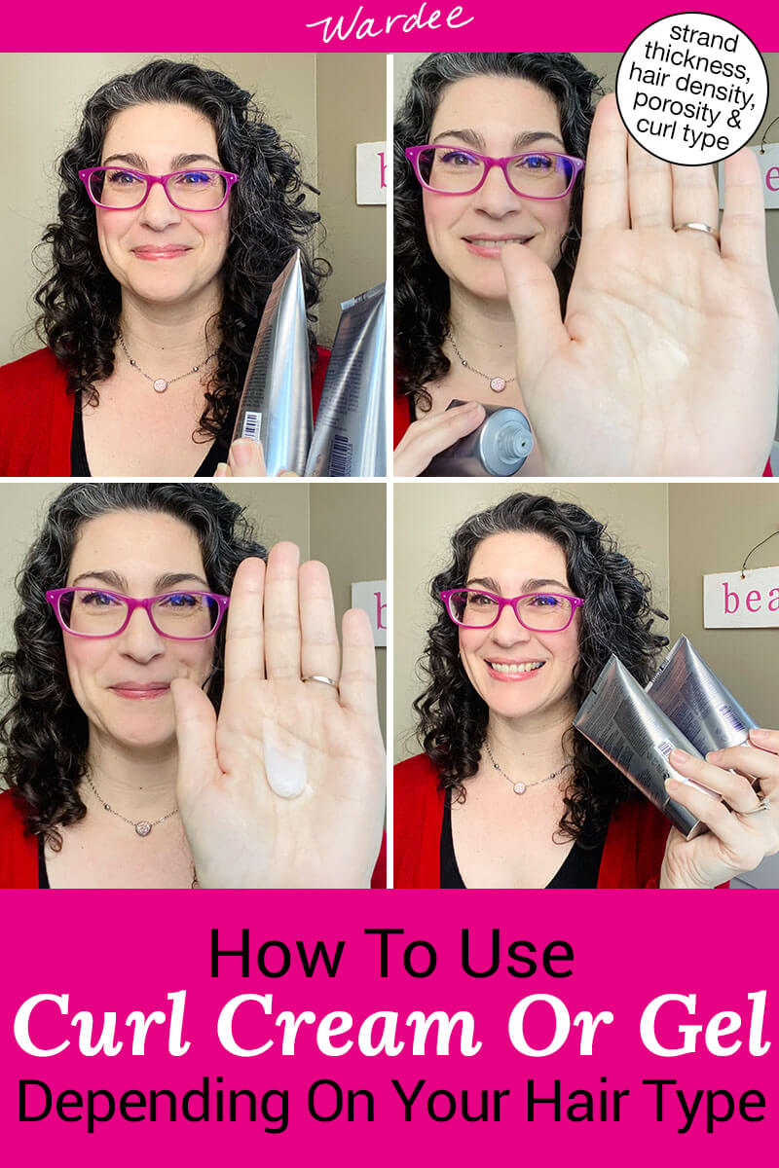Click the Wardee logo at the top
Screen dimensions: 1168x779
[x=389, y=24]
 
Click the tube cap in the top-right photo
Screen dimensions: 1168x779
[x=506, y=438]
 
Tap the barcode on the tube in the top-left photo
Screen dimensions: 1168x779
[x=251, y=425]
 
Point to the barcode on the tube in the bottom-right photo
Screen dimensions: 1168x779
[x=666, y=751]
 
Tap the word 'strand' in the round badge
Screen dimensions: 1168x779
[x=690, y=43]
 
